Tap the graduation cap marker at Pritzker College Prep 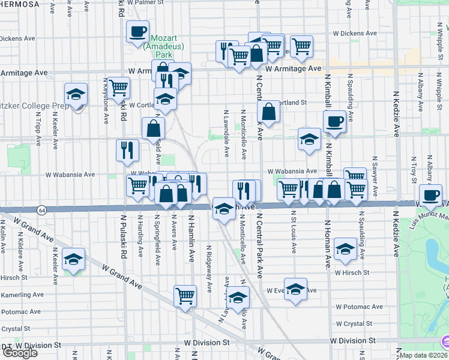point(76,94)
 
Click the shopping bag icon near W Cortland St point(268,111)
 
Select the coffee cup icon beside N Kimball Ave point(334,121)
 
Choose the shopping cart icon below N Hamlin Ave point(185,295)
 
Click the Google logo point(19,353)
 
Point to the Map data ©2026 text point(424,355)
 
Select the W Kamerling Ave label point(22,295)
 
